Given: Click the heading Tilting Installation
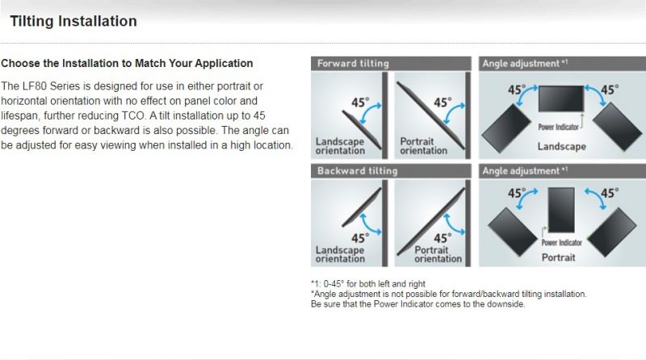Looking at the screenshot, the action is (x=73, y=21).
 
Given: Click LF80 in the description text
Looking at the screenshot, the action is (x=35, y=86).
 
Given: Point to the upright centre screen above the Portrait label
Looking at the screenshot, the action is (x=561, y=210).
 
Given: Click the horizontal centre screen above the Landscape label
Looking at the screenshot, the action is (x=561, y=98).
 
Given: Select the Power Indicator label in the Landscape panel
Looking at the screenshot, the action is (x=558, y=128).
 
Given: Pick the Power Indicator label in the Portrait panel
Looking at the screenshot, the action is (x=561, y=243).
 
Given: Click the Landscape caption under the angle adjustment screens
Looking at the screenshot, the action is (x=561, y=147).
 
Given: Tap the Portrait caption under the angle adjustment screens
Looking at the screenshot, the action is (x=558, y=257).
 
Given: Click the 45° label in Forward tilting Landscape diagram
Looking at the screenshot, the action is (x=360, y=103).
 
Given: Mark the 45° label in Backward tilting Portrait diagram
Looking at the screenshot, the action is (x=443, y=238).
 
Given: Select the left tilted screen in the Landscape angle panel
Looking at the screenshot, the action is (x=506, y=128).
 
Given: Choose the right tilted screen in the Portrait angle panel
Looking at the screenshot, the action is (x=612, y=232).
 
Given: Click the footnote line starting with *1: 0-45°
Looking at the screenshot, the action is (x=368, y=284).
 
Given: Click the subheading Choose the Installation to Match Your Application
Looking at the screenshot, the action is (x=127, y=64).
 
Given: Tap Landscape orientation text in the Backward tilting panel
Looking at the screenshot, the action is (x=340, y=254).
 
